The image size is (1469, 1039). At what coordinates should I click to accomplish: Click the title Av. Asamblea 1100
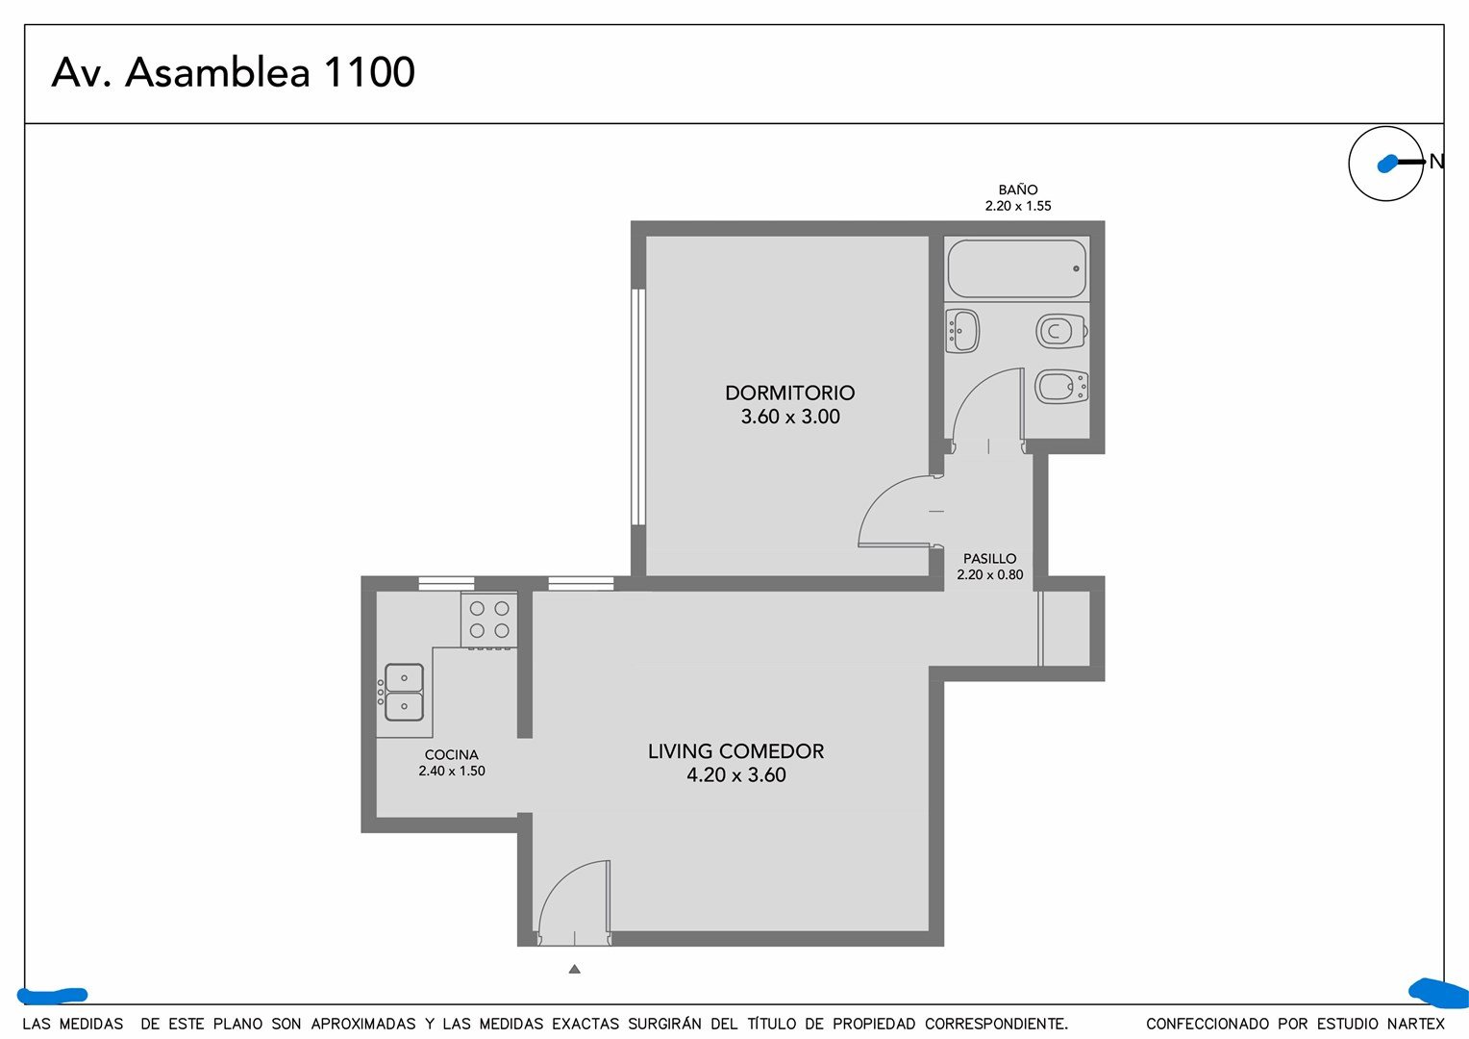click(234, 71)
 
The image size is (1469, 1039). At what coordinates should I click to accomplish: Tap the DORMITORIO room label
click(790, 393)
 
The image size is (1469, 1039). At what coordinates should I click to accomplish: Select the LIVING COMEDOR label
click(735, 750)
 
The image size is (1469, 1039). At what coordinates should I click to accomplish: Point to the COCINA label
click(451, 755)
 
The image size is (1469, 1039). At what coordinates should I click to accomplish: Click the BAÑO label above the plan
click(1018, 190)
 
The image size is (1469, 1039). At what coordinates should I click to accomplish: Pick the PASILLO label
click(989, 559)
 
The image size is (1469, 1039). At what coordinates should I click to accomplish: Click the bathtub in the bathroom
click(1017, 268)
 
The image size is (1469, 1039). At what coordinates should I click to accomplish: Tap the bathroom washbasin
click(962, 332)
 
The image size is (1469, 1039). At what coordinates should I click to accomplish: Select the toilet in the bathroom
click(1061, 332)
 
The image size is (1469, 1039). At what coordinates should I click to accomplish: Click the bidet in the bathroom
click(1061, 387)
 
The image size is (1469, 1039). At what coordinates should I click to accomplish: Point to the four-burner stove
click(489, 621)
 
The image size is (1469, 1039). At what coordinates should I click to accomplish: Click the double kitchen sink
click(403, 692)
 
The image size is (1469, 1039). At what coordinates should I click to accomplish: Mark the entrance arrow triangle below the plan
click(575, 969)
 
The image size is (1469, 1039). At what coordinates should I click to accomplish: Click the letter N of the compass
click(1436, 162)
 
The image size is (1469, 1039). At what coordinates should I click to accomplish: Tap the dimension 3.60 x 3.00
click(790, 417)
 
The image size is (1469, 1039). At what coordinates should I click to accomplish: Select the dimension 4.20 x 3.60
click(735, 774)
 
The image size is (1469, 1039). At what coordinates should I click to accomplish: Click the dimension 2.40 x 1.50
click(452, 771)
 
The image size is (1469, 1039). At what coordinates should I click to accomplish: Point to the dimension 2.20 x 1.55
click(1018, 206)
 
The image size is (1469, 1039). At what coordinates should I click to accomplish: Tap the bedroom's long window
click(638, 407)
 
